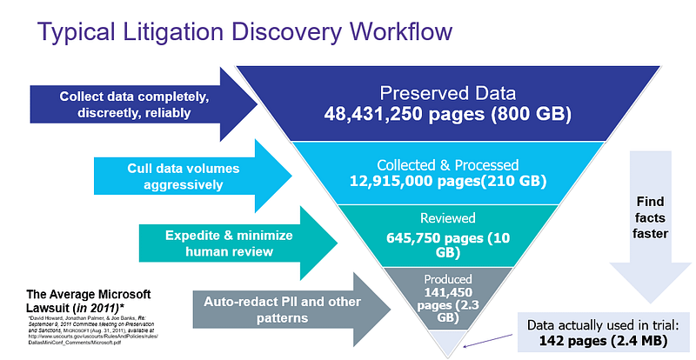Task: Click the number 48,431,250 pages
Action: pos(409,113)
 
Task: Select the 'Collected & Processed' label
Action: pos(447,164)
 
